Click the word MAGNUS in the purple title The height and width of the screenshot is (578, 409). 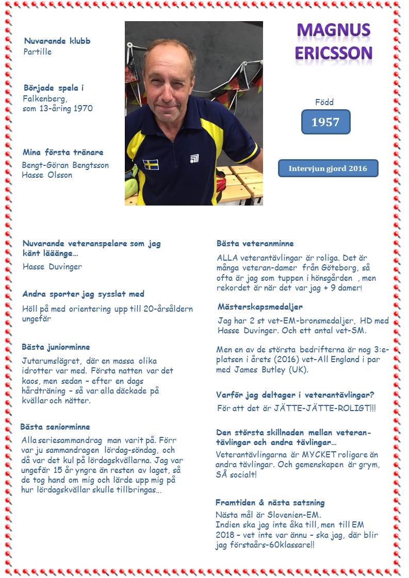pyautogui.click(x=333, y=30)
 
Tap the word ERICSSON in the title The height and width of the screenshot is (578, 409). pyautogui.click(x=333, y=53)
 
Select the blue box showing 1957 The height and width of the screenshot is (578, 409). pyautogui.click(x=325, y=122)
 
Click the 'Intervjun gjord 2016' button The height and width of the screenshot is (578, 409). pyautogui.click(x=328, y=168)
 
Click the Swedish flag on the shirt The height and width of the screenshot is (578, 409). pyautogui.click(x=151, y=164)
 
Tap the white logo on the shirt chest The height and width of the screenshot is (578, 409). pyautogui.click(x=194, y=158)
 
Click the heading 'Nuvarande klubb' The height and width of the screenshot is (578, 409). pyautogui.click(x=57, y=41)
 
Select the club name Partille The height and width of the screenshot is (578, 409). pyautogui.click(x=38, y=52)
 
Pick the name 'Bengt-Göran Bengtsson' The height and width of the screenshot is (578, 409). pyautogui.click(x=65, y=165)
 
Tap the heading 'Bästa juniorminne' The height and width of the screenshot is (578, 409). pyautogui.click(x=56, y=347)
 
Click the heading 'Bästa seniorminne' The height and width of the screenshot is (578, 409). pyautogui.click(x=55, y=427)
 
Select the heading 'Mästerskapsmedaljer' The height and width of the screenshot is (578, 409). pyautogui.click(x=260, y=307)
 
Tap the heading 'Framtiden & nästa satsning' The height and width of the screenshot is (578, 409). pyautogui.click(x=270, y=502)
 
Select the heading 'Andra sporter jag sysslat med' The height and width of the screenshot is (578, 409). pyautogui.click(x=83, y=294)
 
